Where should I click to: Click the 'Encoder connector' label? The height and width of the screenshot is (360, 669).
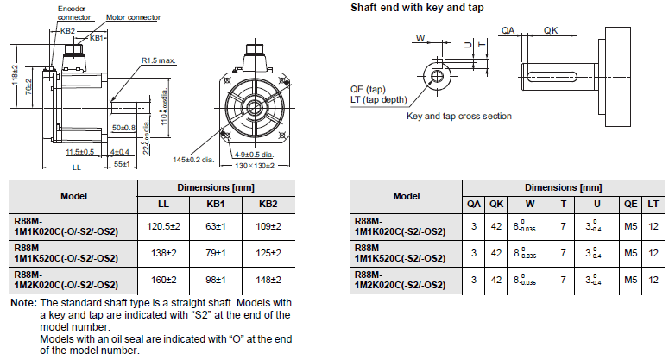75,12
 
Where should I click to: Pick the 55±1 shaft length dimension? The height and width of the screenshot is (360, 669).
120,164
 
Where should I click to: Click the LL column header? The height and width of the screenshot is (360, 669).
162,204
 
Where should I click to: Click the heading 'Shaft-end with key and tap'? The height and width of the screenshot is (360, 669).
416,8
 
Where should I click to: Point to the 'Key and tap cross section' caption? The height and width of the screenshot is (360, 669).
458,116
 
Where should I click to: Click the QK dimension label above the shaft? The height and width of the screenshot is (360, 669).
551,29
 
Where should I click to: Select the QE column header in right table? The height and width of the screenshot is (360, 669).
630,204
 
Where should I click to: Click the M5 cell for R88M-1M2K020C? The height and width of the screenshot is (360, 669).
630,280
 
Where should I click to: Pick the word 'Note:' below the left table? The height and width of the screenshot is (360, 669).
22,303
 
